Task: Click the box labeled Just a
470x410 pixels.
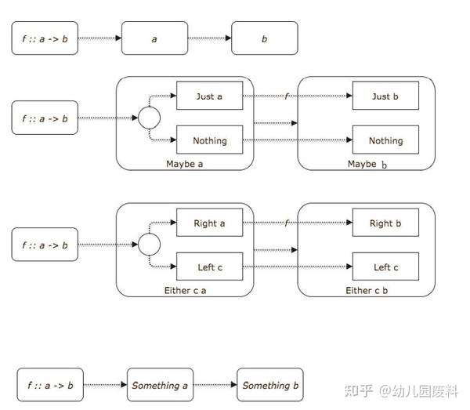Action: click(x=209, y=96)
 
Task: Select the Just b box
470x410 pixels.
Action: click(x=385, y=96)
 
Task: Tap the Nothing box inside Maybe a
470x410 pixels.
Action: click(x=209, y=140)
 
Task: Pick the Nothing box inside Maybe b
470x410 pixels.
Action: click(x=385, y=140)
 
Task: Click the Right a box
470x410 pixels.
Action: click(x=209, y=223)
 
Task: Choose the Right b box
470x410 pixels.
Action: click(x=385, y=223)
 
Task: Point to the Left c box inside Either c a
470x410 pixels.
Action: click(x=209, y=267)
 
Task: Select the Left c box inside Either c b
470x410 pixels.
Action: click(x=385, y=267)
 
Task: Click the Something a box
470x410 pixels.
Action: click(x=160, y=385)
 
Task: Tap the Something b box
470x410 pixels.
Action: click(x=270, y=385)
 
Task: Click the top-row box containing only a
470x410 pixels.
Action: click(x=154, y=38)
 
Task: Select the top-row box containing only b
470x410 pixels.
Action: click(x=265, y=38)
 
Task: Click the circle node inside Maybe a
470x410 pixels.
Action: click(x=149, y=118)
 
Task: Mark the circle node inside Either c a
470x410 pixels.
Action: click(x=149, y=245)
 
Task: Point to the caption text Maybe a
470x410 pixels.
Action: click(x=186, y=164)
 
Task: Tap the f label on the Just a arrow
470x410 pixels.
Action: click(x=287, y=96)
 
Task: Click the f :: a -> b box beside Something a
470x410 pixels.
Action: click(x=49, y=385)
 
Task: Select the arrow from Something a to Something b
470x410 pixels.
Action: click(x=215, y=385)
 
